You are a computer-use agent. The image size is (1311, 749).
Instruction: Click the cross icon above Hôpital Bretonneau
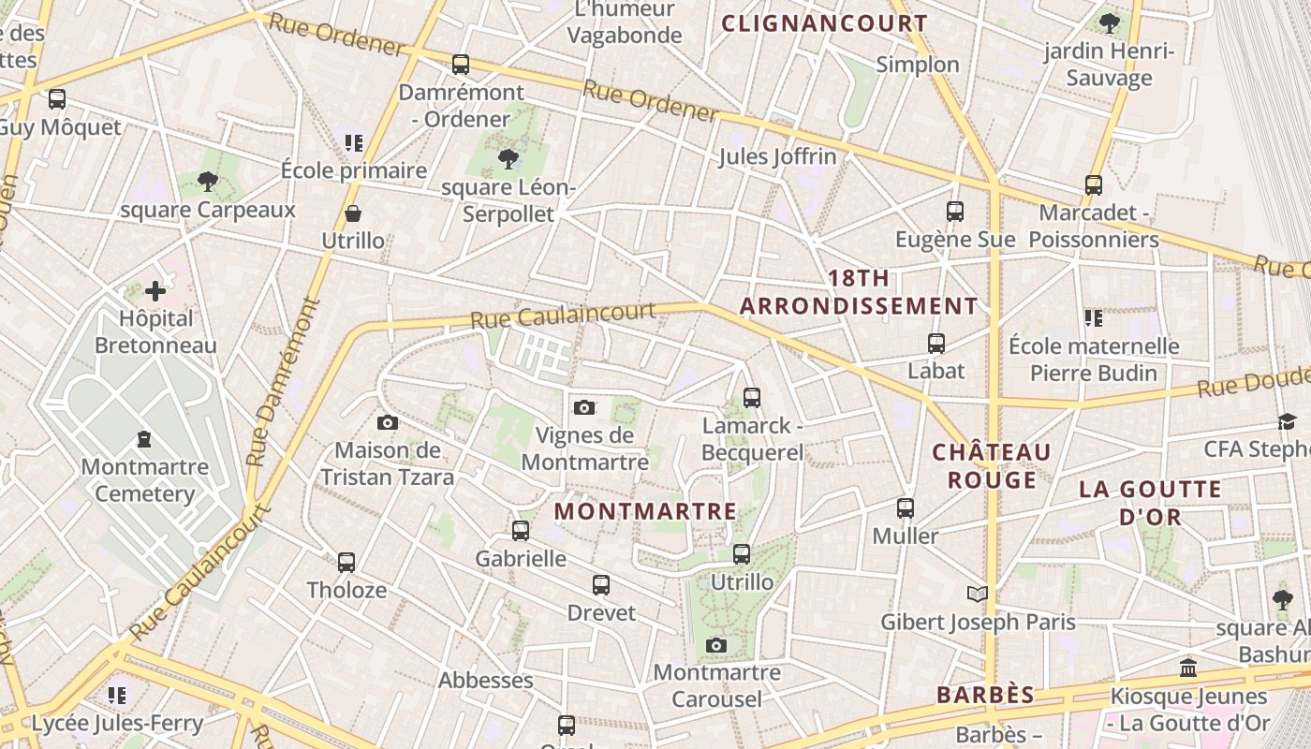[x=155, y=291]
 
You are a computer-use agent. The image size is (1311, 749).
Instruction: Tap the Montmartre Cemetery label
[x=144, y=479]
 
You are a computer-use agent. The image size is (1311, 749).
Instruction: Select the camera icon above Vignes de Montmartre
[x=584, y=407]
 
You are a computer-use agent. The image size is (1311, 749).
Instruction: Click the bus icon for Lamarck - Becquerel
[x=751, y=398]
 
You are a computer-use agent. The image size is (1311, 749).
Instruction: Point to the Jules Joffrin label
[x=777, y=156]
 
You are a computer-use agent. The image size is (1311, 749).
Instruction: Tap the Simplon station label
[x=918, y=65]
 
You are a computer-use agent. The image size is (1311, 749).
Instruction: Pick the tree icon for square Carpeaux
[x=208, y=182]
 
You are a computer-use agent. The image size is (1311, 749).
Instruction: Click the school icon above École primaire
[x=353, y=143]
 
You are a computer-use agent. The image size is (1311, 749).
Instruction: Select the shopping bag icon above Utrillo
[x=353, y=213]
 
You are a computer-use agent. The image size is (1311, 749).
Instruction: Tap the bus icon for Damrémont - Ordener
[x=460, y=65]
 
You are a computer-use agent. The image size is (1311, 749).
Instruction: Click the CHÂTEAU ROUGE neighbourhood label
[x=992, y=466]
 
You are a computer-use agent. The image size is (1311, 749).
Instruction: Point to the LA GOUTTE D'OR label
[x=1150, y=503]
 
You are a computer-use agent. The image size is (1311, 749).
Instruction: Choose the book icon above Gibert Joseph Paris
[x=977, y=594]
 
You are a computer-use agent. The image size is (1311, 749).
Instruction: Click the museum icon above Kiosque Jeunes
[x=1188, y=668]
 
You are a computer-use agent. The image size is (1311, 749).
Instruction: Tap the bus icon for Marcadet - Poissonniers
[x=1093, y=185]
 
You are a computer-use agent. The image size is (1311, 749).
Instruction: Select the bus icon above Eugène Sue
[x=955, y=212]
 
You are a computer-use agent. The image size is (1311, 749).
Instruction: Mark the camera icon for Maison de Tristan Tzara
[x=388, y=423]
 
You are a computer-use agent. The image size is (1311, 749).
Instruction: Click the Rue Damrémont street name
[x=281, y=383]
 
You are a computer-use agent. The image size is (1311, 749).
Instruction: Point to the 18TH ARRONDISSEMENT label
[x=859, y=292]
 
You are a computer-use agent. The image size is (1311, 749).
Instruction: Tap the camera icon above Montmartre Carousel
[x=716, y=645]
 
